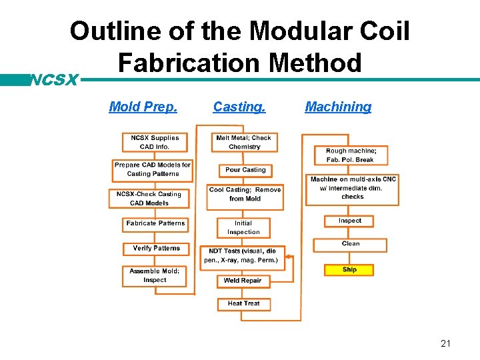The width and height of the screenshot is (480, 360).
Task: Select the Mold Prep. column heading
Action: point(143,107)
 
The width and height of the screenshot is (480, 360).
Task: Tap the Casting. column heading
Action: point(239,107)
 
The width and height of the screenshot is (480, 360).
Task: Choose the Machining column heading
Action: point(338,107)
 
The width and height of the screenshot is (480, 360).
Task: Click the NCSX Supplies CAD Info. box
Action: point(155,142)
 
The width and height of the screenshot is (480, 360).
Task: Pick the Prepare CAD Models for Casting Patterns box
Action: point(153,169)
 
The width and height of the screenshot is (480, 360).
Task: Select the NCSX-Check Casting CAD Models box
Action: point(149,198)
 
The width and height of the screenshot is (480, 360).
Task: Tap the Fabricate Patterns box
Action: point(156,223)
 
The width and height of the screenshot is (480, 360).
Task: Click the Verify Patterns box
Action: point(156,248)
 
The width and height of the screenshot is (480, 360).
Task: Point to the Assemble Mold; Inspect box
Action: point(155,275)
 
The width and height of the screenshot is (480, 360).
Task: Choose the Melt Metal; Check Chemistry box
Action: point(244,143)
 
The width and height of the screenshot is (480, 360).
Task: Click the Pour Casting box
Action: point(245,170)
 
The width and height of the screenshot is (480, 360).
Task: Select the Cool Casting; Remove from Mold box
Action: point(245,194)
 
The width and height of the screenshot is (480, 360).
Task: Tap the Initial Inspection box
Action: point(243,227)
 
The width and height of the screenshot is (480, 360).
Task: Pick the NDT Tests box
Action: point(243,258)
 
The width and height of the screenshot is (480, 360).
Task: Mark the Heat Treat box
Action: point(243,303)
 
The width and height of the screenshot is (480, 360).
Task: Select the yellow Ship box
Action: point(349,270)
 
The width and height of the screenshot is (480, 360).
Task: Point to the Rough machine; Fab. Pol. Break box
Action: point(351,155)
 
